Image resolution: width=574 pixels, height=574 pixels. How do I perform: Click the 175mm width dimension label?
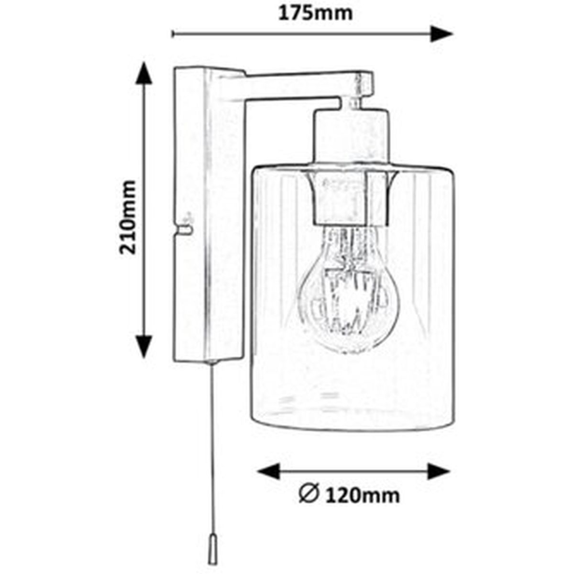[x=315, y=13]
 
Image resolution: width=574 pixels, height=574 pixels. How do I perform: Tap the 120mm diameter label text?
[x=362, y=495]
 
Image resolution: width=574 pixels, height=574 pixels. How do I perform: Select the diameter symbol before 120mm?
[x=309, y=495]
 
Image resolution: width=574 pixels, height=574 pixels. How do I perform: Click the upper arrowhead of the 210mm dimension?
[x=144, y=73]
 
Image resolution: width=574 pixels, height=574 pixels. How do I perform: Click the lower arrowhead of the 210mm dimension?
[x=144, y=346]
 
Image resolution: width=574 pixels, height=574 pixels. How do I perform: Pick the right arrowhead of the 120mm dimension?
[x=439, y=471]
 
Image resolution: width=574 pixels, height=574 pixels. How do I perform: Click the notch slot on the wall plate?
[x=184, y=230]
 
